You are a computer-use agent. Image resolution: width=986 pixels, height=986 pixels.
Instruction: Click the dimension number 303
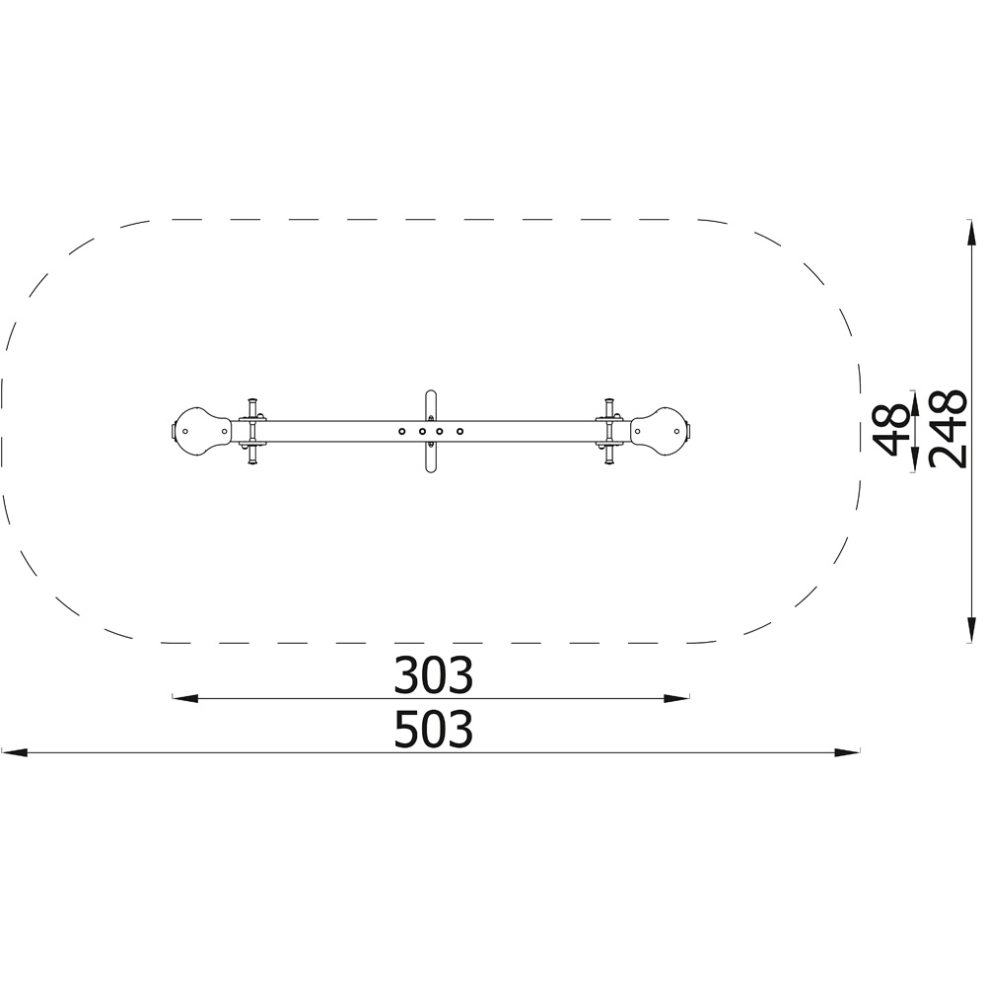point(433,674)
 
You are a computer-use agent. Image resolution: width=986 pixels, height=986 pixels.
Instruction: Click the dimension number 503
point(433,729)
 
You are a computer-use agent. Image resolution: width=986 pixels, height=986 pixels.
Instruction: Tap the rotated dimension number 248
point(948,430)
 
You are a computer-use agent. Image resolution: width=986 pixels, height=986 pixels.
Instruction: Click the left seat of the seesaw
point(202,431)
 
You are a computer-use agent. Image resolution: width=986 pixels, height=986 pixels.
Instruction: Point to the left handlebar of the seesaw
point(252,432)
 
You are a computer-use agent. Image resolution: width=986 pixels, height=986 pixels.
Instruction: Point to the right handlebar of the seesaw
point(609,432)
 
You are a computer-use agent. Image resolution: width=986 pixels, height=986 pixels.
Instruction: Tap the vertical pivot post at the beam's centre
point(431,432)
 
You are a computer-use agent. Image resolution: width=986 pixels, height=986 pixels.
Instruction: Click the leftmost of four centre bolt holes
point(402,432)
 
